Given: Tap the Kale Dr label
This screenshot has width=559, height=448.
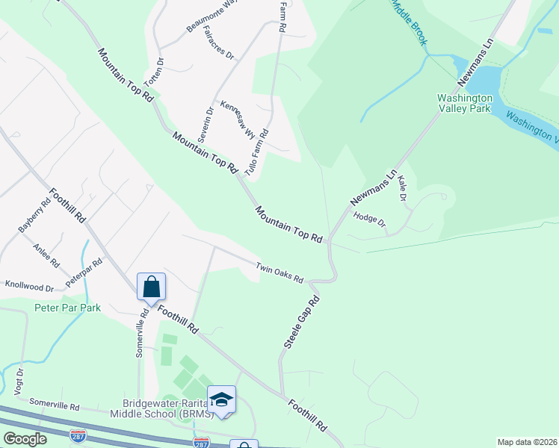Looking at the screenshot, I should point(402,187).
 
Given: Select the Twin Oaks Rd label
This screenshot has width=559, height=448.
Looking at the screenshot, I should point(279,273).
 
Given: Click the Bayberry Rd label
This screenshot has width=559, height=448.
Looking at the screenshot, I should point(34,215).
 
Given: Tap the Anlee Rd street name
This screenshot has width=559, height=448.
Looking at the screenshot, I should point(46,255).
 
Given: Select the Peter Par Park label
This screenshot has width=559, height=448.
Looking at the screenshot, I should point(67,308).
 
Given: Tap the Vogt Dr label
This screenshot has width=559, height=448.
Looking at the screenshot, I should point(20,381).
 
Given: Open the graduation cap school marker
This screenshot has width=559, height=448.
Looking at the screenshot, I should point(222,399).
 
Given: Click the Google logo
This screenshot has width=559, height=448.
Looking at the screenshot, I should point(25,439).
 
